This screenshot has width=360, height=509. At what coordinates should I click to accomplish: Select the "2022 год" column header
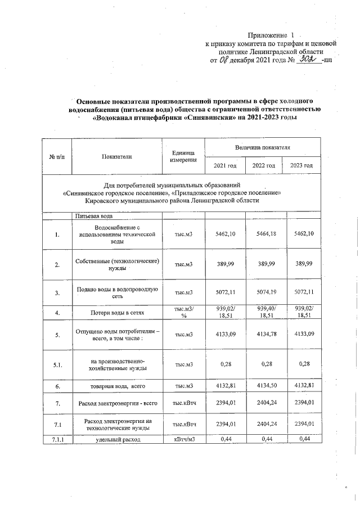(263, 165)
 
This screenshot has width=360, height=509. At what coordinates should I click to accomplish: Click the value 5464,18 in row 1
(263, 233)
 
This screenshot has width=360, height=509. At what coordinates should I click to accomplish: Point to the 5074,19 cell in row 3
(263, 293)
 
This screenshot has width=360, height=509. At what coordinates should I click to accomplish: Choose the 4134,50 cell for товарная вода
(263, 386)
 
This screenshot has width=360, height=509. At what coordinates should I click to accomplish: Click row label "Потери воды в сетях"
(117, 312)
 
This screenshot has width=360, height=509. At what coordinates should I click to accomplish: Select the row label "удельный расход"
(117, 439)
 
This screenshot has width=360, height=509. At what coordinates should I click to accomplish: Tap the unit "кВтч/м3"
(183, 439)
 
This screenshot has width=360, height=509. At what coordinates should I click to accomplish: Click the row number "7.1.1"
(57, 439)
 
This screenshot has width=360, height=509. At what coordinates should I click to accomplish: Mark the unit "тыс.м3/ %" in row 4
(183, 312)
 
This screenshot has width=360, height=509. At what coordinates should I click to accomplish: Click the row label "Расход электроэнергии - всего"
(117, 403)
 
